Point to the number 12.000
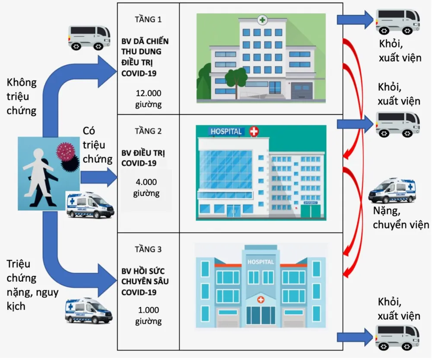148,93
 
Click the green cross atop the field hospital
262,19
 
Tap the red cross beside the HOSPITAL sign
254,132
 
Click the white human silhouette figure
39,171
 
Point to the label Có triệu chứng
95,145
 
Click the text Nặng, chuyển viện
401,218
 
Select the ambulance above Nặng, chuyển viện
391,190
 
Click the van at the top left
89,37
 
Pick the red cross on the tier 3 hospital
260,299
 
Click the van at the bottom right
398,337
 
